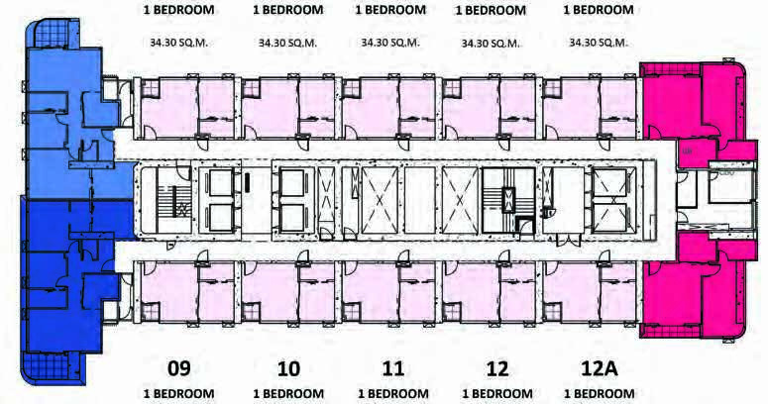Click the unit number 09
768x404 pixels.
[178, 368]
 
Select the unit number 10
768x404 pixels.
[288, 368]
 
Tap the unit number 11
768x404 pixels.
[393, 368]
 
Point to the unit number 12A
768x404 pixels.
[599, 368]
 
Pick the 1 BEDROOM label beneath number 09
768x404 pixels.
[178, 394]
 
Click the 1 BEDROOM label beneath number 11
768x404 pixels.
[393, 394]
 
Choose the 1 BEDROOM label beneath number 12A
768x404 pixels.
[600, 394]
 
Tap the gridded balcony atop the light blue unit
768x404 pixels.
[55, 34]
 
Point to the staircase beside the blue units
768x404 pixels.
[165, 201]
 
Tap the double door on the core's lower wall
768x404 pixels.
[569, 241]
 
